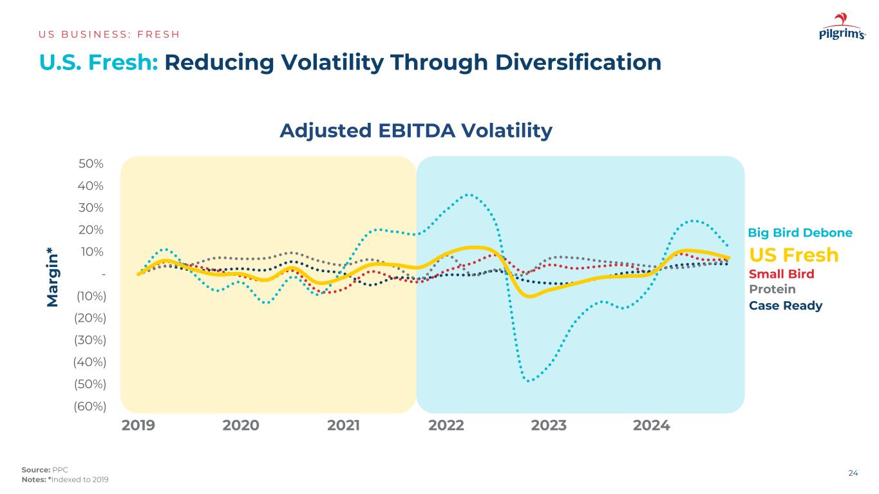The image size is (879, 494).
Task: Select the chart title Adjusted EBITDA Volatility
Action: click(416, 131)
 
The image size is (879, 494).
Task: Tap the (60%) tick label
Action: click(91, 406)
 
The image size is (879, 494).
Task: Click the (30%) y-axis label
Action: click(91, 340)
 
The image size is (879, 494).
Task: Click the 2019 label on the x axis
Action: click(138, 425)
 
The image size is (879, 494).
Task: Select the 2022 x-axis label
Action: click(446, 425)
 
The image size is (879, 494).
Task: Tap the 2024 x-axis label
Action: click(652, 425)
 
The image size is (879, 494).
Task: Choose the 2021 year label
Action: click(343, 425)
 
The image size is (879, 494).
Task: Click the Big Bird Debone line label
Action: click(800, 233)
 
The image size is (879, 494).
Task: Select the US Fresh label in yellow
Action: click(794, 255)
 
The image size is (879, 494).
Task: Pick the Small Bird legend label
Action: click(782, 275)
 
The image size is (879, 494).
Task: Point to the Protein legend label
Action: click(772, 289)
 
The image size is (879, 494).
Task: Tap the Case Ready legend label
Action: click(786, 306)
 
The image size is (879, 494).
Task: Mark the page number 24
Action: click(853, 473)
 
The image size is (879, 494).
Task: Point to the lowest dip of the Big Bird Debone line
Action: click(529, 381)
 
